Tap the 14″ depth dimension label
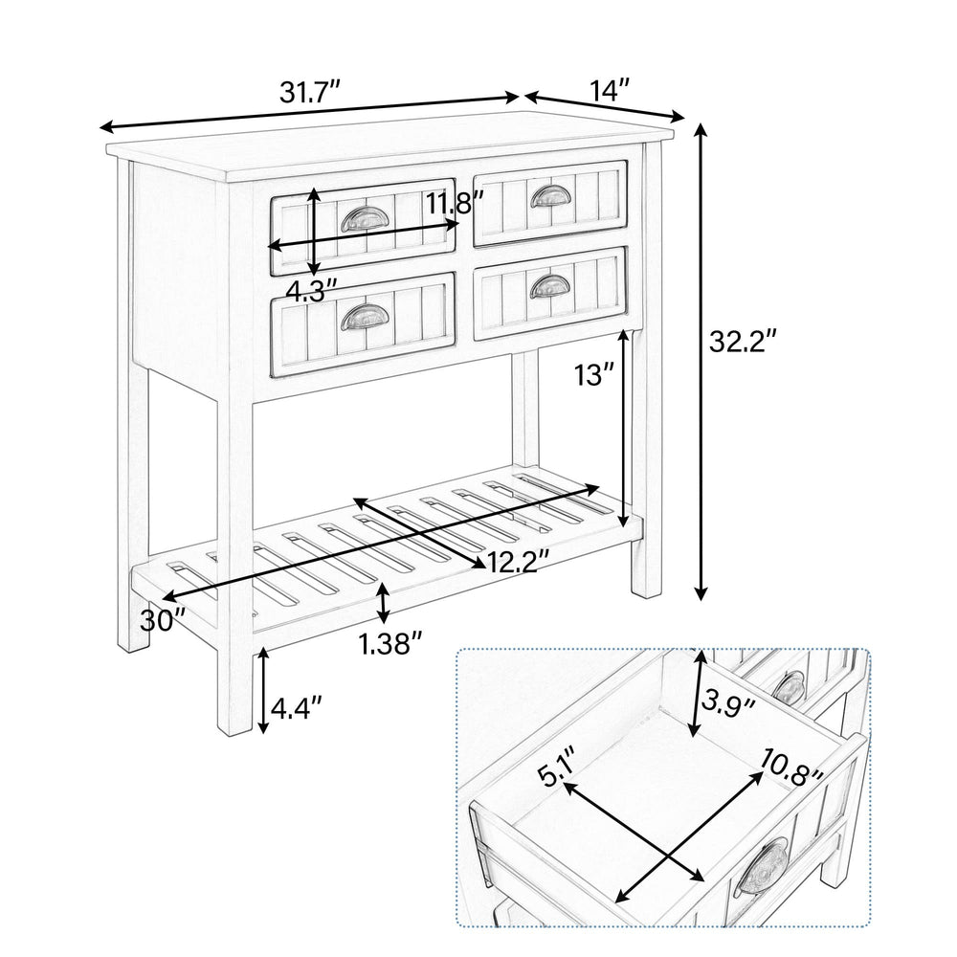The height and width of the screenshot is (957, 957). [610, 91]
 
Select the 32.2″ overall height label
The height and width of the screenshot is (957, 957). [743, 341]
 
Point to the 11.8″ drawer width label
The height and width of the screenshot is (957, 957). [455, 203]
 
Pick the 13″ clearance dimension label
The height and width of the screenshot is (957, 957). [593, 375]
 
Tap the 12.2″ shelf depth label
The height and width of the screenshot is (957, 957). [517, 561]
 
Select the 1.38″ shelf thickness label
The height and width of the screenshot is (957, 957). [390, 644]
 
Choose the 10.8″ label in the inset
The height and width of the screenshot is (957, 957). [792, 765]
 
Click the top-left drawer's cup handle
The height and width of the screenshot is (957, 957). [361, 220]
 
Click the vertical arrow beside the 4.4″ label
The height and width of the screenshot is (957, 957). [261, 691]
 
